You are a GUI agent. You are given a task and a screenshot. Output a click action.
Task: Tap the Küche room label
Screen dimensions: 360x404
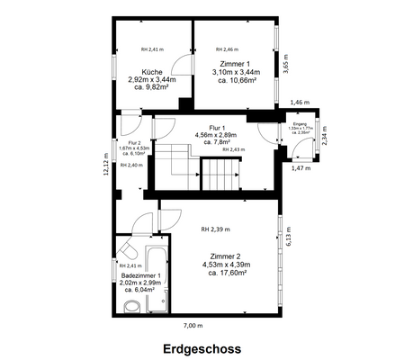pos(151,71)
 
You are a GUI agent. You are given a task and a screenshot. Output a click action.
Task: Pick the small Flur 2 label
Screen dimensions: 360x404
pos(134,142)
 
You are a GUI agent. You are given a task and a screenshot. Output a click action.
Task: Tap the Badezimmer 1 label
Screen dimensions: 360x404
pos(140,275)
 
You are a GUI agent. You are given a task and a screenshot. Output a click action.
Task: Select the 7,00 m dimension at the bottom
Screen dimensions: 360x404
pos(193,325)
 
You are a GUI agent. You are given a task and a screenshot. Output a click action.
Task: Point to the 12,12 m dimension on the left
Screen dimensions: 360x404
pos(105,166)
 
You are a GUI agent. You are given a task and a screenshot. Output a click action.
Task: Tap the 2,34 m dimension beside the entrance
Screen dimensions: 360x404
pos(325,135)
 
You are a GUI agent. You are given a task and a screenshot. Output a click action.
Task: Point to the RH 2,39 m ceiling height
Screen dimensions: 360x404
pos(217,229)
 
